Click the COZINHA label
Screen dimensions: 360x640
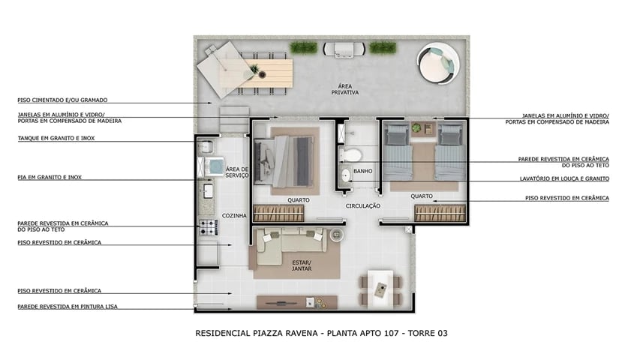234,216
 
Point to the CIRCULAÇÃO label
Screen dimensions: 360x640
363,205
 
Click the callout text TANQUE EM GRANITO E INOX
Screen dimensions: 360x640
56,138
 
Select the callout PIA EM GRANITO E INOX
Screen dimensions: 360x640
50,177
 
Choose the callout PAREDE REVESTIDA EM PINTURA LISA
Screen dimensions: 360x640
68,306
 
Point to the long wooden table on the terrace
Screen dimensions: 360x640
266,73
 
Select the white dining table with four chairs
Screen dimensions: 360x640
380,287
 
